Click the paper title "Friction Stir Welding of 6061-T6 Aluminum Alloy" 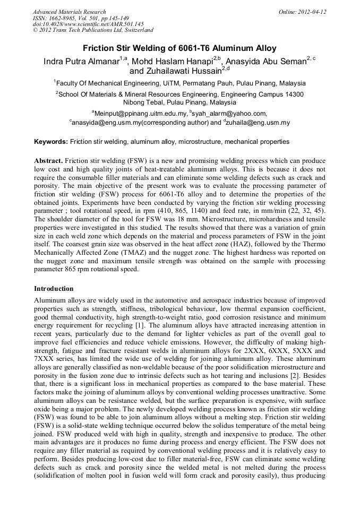[x=180, y=48]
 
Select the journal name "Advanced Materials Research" [x=69, y=12]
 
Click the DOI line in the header [x=88, y=24]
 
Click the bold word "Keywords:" [x=51, y=142]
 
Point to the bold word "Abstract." [x=49, y=160]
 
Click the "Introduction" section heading [x=54, y=289]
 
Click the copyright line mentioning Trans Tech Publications [x=93, y=31]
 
